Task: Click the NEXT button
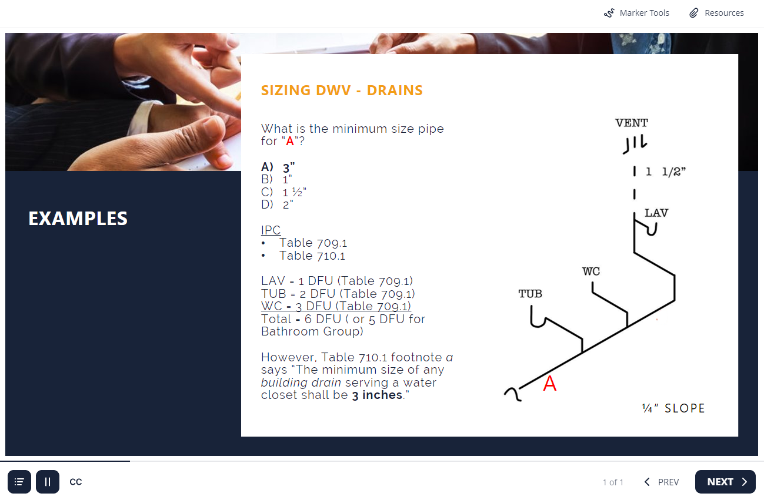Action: click(725, 482)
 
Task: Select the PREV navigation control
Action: click(662, 482)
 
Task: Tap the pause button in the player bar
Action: click(48, 482)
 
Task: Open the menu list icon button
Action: click(19, 482)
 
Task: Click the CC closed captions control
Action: click(76, 482)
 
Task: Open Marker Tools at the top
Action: click(636, 13)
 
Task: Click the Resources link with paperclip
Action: click(716, 13)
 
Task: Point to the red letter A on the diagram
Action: click(549, 384)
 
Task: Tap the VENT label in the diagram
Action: click(631, 123)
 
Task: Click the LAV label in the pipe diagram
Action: click(656, 213)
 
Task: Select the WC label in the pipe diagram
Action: click(590, 271)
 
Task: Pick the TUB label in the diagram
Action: click(530, 293)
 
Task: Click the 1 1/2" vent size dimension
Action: click(665, 172)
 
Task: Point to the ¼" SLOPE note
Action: click(673, 408)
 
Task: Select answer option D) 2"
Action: click(277, 204)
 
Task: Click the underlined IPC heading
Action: click(271, 230)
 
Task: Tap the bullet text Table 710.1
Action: click(312, 256)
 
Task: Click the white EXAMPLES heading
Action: click(78, 219)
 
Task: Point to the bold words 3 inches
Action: click(377, 395)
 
